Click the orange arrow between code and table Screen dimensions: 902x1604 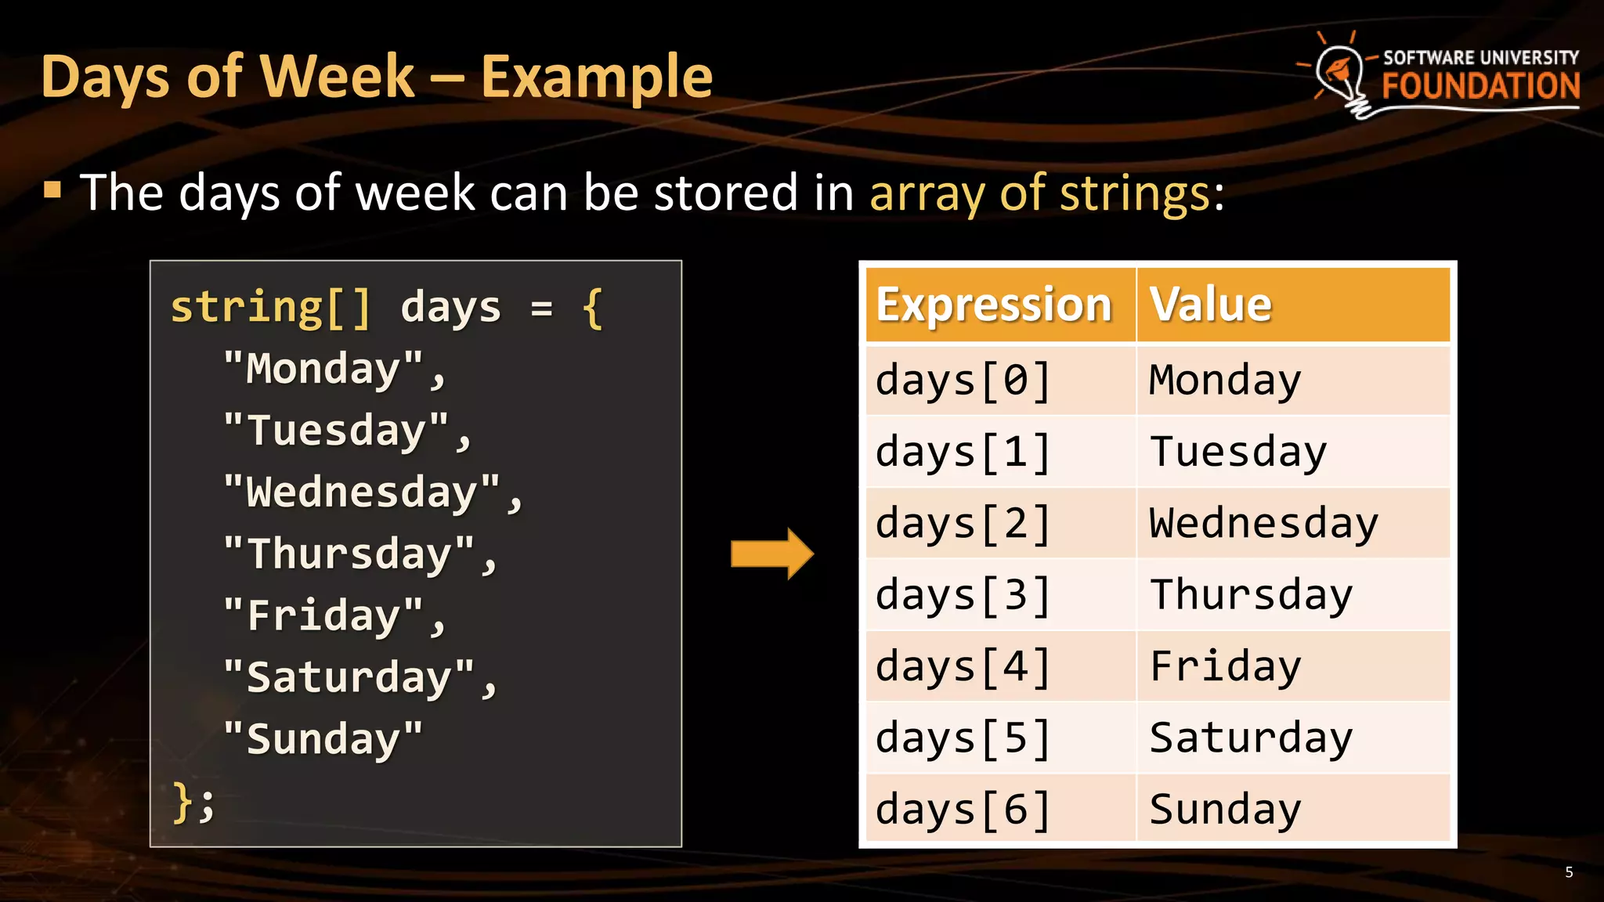[771, 554]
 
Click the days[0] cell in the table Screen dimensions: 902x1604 [963, 381]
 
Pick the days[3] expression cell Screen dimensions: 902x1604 [963, 596]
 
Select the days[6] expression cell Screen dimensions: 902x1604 [963, 810]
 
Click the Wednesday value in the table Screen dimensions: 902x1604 [1263, 524]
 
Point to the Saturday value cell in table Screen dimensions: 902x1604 [1250, 738]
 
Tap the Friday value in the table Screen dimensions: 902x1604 [1225, 667]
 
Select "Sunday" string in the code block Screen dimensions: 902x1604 [323, 739]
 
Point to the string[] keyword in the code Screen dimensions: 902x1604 [270, 307]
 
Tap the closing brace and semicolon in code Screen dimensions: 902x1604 [193, 802]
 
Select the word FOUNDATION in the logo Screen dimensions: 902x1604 [1480, 86]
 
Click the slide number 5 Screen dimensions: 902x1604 [1569, 872]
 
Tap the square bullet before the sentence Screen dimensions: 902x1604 [52, 189]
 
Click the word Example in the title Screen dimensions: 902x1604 [596, 78]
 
